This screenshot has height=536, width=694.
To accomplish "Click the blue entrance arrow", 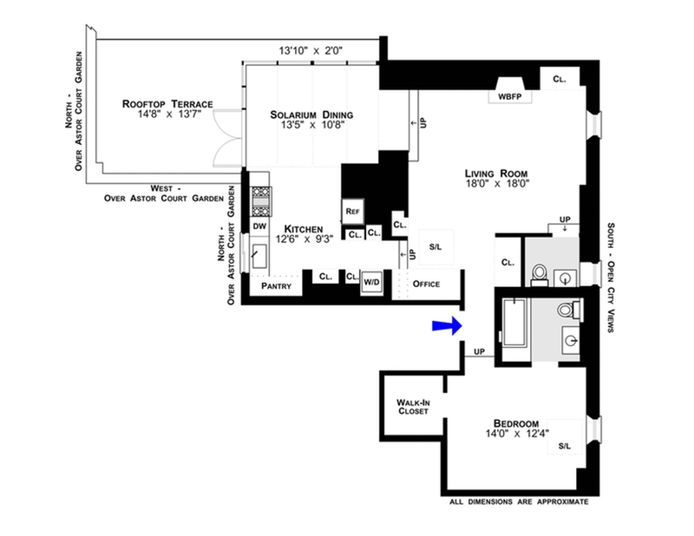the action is click(445, 325).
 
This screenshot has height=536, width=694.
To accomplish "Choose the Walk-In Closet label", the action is click(412, 407).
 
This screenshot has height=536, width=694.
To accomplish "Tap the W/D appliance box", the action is click(372, 281).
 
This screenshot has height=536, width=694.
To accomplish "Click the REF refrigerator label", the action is click(352, 212).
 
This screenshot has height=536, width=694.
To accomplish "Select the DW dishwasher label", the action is click(259, 226).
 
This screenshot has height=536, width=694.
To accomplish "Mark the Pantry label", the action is click(276, 285).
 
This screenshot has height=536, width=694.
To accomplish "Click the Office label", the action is click(427, 284).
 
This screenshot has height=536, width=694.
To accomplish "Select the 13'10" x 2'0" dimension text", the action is click(311, 50).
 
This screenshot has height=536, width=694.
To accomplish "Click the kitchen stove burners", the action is click(260, 202).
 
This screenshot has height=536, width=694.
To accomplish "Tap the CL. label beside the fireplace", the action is click(560, 79).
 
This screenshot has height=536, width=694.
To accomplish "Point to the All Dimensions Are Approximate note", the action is click(519, 502).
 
